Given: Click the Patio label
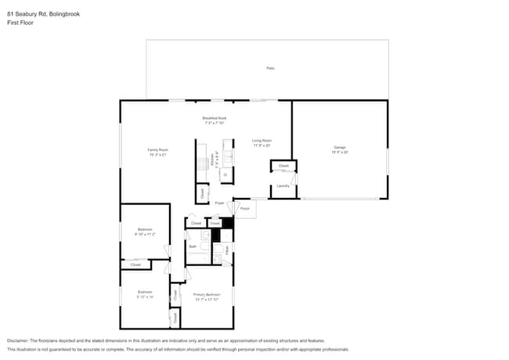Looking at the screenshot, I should point(270,68).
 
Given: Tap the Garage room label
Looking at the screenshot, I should point(340,147).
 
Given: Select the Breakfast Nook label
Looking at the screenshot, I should point(215,118).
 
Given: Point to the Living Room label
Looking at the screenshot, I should point(262,141).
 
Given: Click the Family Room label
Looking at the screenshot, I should point(158,149).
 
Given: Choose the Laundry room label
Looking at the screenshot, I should point(283,185).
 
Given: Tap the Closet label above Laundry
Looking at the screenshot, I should point(283,166).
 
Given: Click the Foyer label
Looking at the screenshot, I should point(220,202).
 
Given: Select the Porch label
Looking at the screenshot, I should point(244,209).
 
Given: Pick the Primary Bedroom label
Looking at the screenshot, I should point(207,294).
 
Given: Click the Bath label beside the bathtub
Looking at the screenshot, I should point(193,247).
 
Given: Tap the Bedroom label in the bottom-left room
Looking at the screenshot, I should point(145,292).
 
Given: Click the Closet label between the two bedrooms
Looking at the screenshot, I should point(135,265).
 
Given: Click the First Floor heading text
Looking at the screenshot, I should point(19,23).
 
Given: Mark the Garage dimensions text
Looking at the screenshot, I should point(340,152).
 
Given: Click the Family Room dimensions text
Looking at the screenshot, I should point(158,155).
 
